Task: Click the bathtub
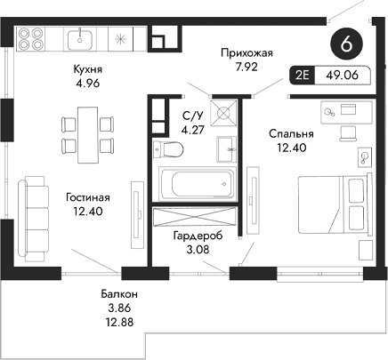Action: tap(193, 183)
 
